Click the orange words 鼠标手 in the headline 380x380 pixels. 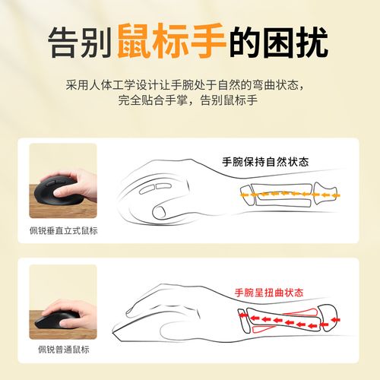tap(171, 43)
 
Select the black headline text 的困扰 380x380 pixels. tap(280, 43)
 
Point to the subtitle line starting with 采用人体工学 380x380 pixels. tap(190, 84)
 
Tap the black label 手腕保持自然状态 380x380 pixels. tap(270, 162)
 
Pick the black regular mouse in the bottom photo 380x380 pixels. tap(53, 317)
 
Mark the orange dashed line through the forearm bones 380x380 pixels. tap(281, 194)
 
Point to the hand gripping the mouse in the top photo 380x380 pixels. tap(80, 184)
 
